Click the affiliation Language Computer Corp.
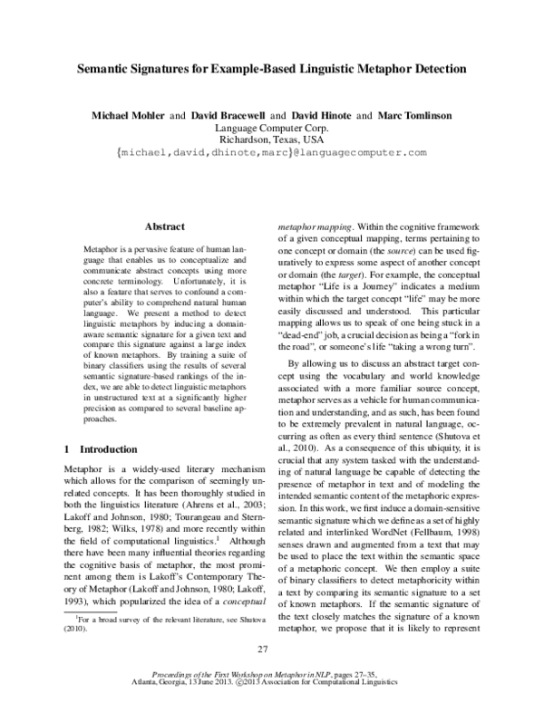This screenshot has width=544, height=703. (x=272, y=129)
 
